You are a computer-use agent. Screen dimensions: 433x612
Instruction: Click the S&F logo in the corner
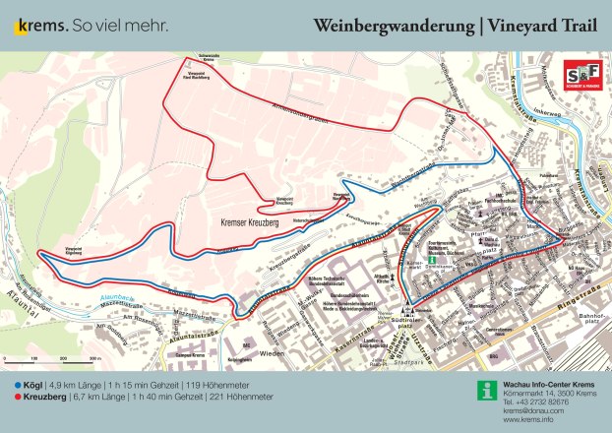580,75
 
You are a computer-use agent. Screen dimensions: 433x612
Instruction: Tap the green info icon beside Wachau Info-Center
482,390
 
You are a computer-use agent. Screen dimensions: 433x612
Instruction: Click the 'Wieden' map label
260,351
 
